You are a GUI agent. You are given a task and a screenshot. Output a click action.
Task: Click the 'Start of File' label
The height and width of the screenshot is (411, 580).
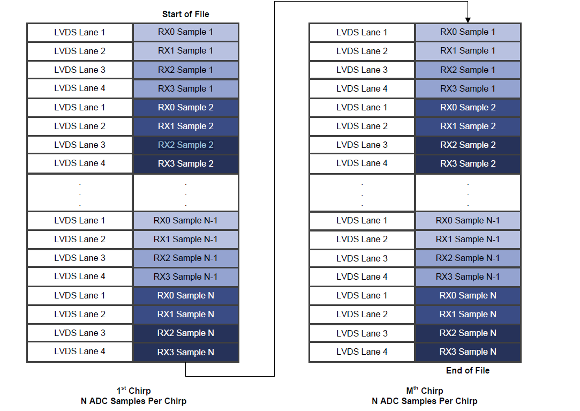click(185, 14)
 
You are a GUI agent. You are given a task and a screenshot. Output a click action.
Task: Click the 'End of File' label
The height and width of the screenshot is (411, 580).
click(468, 370)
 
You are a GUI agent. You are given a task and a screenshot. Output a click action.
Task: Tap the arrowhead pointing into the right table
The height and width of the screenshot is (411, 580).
click(468, 20)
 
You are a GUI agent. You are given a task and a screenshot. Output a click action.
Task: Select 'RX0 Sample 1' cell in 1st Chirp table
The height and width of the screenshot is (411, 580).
click(185, 32)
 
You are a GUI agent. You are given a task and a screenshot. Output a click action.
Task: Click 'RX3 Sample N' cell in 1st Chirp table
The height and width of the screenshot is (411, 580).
click(185, 352)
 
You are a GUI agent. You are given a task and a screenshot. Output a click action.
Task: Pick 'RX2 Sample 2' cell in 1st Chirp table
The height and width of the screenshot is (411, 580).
click(185, 145)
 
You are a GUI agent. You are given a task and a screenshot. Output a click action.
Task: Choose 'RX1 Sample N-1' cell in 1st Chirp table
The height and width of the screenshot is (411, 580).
click(185, 239)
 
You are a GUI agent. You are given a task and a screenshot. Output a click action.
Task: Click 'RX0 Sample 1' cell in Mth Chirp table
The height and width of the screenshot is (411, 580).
click(468, 32)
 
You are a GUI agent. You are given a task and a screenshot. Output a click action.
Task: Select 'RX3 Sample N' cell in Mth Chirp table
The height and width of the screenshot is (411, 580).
click(468, 352)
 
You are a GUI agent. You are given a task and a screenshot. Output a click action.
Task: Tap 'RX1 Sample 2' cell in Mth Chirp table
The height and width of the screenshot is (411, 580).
click(468, 126)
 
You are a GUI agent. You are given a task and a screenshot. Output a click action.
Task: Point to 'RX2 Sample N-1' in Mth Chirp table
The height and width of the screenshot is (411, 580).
click(468, 258)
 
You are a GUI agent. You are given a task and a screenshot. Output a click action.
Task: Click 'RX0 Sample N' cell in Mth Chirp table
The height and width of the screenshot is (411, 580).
click(468, 295)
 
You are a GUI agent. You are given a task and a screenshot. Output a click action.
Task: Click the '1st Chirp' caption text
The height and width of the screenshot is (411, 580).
click(133, 391)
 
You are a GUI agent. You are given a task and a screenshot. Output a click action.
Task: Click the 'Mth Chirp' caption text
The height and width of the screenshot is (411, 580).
click(425, 391)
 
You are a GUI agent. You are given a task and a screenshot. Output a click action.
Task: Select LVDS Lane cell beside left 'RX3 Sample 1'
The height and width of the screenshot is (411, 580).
click(80, 88)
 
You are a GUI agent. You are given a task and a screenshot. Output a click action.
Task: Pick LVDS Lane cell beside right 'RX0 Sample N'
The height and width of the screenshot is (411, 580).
click(362, 295)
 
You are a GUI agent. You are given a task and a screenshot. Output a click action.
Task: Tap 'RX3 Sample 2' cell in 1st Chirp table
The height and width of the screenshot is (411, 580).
click(185, 163)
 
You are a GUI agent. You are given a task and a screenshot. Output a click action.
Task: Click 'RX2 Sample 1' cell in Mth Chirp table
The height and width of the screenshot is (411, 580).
click(468, 70)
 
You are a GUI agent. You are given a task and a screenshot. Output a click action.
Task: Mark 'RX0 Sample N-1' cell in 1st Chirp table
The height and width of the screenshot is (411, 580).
click(185, 220)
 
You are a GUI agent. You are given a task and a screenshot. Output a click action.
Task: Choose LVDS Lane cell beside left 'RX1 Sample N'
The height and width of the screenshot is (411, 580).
click(80, 314)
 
